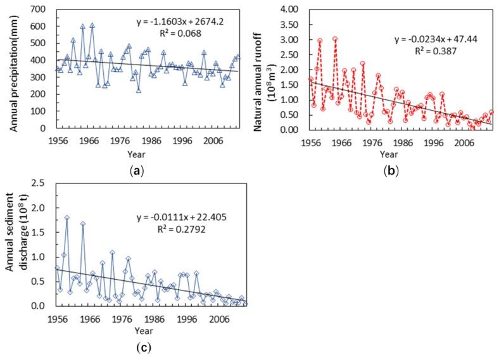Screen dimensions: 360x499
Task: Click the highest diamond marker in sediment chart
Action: point(66,218)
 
